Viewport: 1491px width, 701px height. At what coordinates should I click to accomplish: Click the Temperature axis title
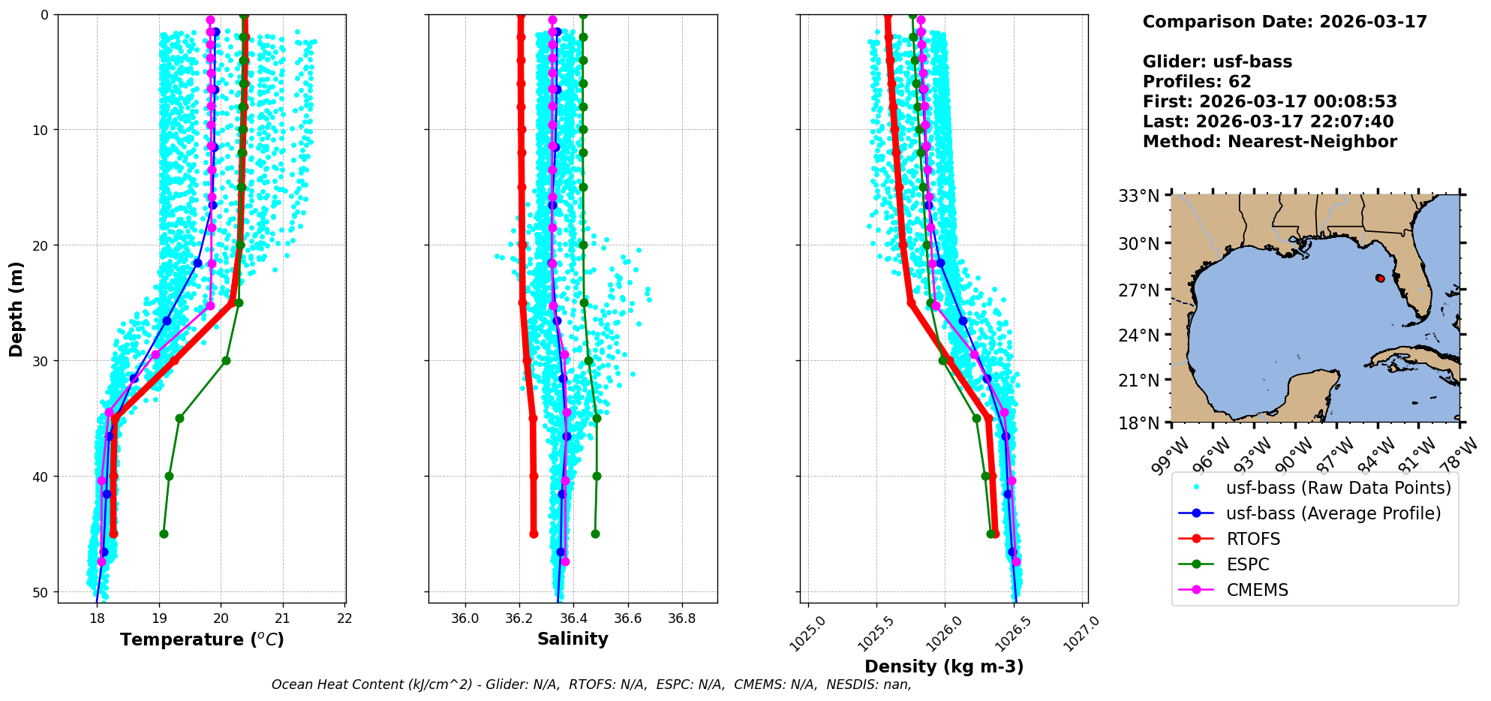tap(202, 639)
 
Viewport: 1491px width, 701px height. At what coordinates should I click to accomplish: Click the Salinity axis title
tap(573, 639)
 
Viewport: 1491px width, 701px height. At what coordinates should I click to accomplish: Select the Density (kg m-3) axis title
tap(944, 666)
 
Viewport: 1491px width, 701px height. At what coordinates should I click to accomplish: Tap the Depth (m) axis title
tap(17, 308)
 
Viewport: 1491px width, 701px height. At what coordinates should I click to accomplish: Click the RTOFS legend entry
tap(1253, 539)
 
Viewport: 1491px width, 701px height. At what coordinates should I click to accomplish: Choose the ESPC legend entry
tap(1248, 564)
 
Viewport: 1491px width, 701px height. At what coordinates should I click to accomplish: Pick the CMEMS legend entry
tap(1257, 590)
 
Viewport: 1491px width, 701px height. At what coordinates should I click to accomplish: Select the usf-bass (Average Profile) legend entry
tap(1333, 513)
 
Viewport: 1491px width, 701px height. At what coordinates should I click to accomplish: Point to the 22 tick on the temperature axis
tap(344, 619)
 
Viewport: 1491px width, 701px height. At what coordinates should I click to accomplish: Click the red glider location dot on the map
tap(1380, 278)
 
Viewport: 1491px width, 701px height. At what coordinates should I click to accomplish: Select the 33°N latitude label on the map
tap(1139, 196)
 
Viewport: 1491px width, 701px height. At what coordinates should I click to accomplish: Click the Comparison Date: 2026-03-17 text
tap(1284, 22)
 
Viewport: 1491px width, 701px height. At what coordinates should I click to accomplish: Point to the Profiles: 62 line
tap(1196, 82)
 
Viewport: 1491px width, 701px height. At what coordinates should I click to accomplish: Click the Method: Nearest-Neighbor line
tap(1269, 142)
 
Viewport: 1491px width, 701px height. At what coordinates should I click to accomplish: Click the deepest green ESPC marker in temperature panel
tap(164, 534)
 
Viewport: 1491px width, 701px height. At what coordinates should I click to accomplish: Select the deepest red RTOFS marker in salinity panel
tap(534, 534)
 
